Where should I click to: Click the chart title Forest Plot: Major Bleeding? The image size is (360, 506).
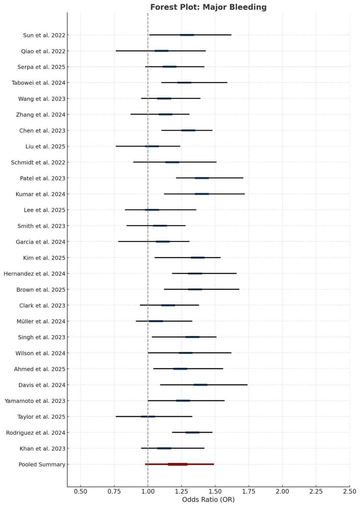(208, 7)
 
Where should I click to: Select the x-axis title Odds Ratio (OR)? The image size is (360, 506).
(208, 499)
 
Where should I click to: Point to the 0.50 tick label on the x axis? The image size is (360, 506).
(81, 492)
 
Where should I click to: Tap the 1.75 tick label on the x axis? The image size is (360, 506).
(249, 492)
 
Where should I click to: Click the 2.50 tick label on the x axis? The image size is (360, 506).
(349, 492)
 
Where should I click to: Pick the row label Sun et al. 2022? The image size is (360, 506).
(44, 35)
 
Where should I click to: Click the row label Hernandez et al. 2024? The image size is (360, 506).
(35, 274)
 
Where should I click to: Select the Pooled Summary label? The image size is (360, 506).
(42, 464)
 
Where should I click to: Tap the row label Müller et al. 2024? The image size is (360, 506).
(41, 322)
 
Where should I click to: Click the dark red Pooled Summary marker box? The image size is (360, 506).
(178, 464)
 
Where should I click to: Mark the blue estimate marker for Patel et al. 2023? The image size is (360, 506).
(202, 178)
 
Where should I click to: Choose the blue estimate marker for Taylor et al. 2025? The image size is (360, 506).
(148, 417)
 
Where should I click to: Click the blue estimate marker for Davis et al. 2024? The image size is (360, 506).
(200, 385)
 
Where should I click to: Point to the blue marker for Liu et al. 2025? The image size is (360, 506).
(152, 146)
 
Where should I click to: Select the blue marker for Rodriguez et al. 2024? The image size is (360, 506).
(192, 433)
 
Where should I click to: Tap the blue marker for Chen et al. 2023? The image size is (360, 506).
(188, 130)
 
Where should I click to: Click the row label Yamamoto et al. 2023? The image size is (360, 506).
(35, 401)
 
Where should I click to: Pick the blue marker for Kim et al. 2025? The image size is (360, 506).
(198, 258)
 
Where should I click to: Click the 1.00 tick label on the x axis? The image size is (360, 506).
(148, 492)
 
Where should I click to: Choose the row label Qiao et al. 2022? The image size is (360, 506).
(43, 51)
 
